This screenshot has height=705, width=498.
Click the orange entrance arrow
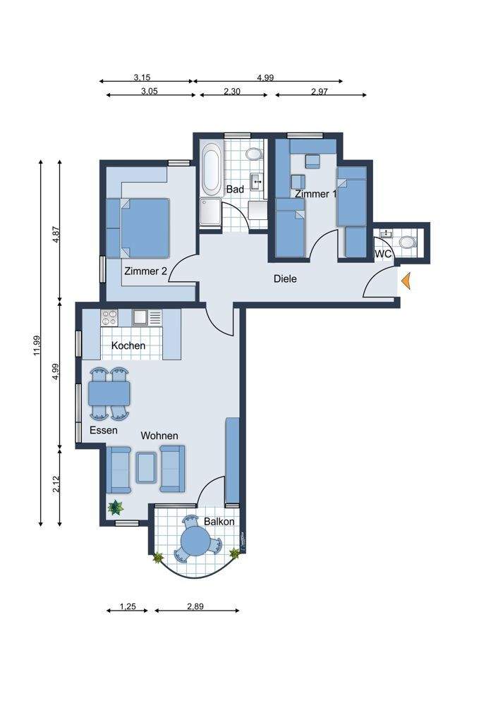point(406,281)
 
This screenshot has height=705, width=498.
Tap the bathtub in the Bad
point(211,168)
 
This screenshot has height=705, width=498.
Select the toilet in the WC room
point(408,243)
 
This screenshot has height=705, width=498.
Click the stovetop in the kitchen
point(109,317)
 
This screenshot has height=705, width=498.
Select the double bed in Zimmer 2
point(144,228)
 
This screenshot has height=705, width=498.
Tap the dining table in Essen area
point(109,394)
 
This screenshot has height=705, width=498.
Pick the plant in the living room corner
point(116,508)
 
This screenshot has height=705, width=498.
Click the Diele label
point(285,278)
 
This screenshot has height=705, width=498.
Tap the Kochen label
point(128,345)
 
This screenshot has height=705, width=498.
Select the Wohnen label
point(159,436)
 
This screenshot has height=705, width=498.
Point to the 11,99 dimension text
point(37,345)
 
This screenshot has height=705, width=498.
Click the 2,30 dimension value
point(232,91)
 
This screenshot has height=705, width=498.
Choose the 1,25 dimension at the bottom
point(128,606)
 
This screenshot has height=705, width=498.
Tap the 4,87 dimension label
point(56,234)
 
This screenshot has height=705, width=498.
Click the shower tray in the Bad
point(210,212)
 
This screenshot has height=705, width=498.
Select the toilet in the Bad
point(254,154)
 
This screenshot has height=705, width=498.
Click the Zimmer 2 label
point(146,271)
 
